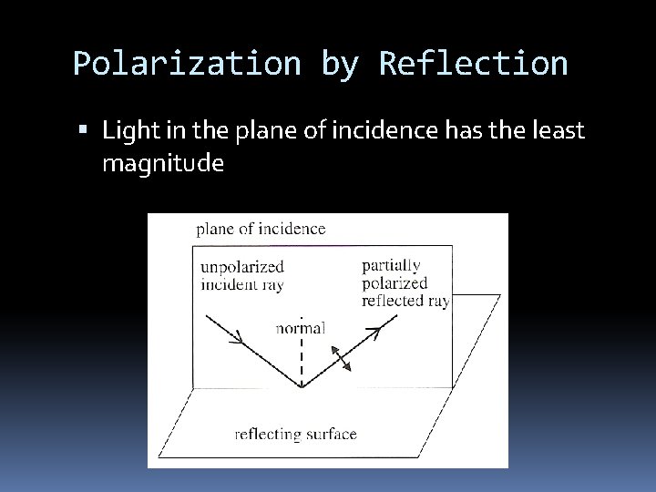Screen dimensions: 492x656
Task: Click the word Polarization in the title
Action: point(186,64)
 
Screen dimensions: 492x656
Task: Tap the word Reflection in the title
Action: point(474,64)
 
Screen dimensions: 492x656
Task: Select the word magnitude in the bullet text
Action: point(163,164)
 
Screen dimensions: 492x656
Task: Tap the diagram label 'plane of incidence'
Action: point(261,229)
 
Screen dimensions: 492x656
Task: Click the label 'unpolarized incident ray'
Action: point(241,275)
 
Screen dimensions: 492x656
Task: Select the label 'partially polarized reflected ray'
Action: point(404,282)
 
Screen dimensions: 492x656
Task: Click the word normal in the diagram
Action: point(301,327)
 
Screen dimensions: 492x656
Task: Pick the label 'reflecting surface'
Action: point(295,433)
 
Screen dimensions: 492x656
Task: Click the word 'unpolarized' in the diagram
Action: point(241,267)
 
